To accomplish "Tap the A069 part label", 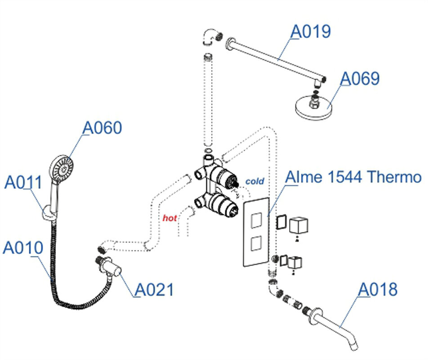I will click(360, 78).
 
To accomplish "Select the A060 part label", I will click(103, 128).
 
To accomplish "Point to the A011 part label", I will click(23, 183).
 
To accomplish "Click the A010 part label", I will click(23, 247).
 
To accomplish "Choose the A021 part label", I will click(154, 289).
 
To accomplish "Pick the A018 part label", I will click(378, 289).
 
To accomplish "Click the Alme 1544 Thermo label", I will click(354, 177).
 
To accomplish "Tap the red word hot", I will click(170, 218).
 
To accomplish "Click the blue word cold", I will click(254, 181).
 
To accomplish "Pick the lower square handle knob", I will click(294, 262).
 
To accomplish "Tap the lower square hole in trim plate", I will click(256, 244).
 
